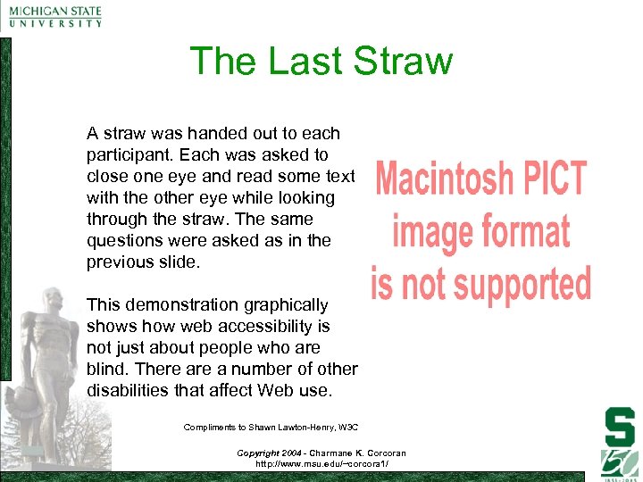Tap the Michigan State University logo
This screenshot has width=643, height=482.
55,17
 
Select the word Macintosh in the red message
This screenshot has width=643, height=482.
441,179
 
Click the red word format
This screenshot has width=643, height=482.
526,232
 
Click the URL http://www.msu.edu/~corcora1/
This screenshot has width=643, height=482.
321,464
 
